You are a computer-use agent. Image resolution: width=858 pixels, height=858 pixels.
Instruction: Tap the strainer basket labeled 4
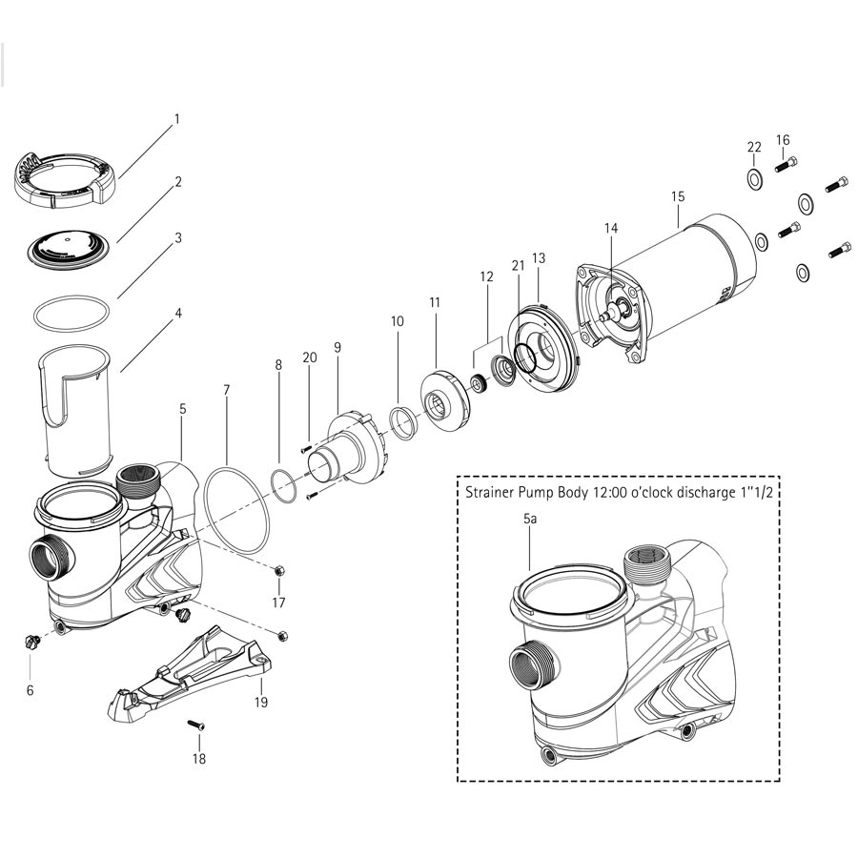pyautogui.click(x=76, y=410)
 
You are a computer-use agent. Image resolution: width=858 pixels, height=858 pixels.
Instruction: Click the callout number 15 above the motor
pyautogui.click(x=678, y=196)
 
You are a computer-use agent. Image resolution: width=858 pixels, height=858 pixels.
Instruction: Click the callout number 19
pyautogui.click(x=261, y=703)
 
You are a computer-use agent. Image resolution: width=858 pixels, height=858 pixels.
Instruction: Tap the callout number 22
pyautogui.click(x=754, y=147)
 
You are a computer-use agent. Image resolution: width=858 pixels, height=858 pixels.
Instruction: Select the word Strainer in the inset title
pyautogui.click(x=493, y=494)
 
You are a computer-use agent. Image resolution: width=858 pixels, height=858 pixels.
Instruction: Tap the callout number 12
pyautogui.click(x=487, y=276)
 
